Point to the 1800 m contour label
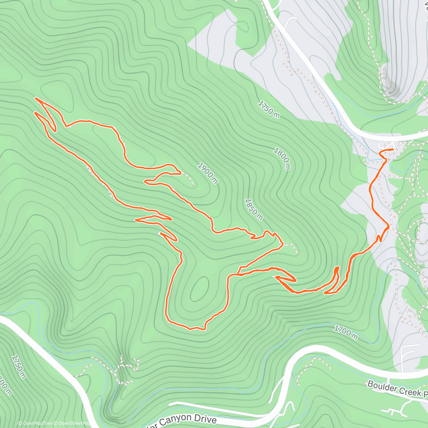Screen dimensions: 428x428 [282, 158]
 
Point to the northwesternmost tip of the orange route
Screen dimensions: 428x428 [36, 98]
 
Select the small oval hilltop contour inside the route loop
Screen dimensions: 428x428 [200, 289]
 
